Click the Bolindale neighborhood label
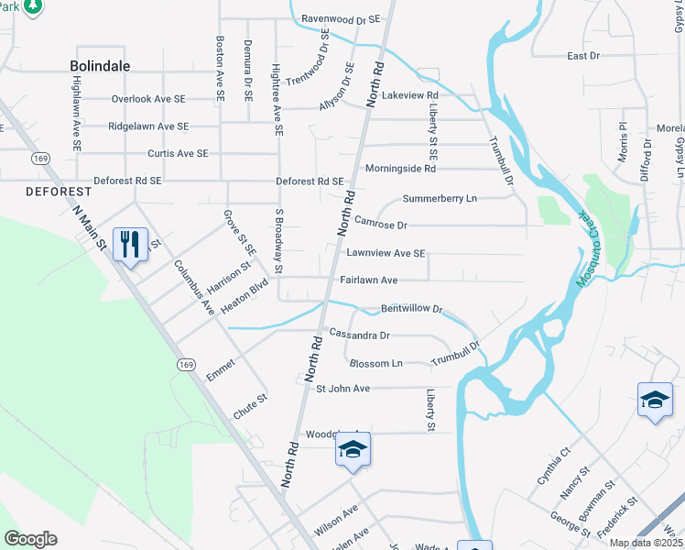click(x=100, y=66)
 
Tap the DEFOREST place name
click(x=60, y=192)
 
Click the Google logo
click(x=30, y=539)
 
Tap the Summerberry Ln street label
click(x=440, y=198)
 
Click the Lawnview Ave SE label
click(x=386, y=253)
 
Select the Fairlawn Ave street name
click(x=368, y=280)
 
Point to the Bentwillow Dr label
click(x=411, y=310)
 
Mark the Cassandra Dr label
click(x=359, y=335)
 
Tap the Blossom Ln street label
click(x=371, y=363)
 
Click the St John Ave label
click(x=342, y=389)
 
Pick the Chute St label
click(x=250, y=407)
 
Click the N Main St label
click(x=91, y=230)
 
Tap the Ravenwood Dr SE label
click(x=341, y=17)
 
